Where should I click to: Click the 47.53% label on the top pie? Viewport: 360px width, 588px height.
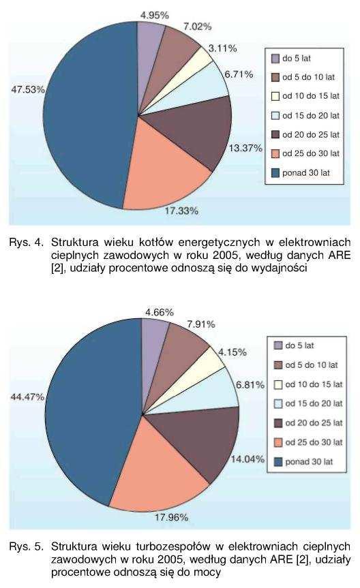click(x=28, y=90)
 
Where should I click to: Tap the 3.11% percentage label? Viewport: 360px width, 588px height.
click(x=222, y=48)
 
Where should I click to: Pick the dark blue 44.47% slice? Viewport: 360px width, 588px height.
click(x=90, y=409)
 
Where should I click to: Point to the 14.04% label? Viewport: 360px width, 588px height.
click(x=247, y=459)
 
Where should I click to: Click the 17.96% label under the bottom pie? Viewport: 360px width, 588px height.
click(x=171, y=518)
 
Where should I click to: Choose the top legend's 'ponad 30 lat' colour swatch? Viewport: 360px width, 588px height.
click(x=275, y=173)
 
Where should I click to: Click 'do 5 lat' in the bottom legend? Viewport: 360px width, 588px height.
click(x=299, y=345)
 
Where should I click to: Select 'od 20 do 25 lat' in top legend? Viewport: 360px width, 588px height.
click(x=311, y=134)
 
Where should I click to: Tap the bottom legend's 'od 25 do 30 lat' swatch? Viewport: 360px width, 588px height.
click(x=278, y=442)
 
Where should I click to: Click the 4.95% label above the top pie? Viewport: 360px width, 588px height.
click(x=155, y=16)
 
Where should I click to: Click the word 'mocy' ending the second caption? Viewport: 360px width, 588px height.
click(x=210, y=572)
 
